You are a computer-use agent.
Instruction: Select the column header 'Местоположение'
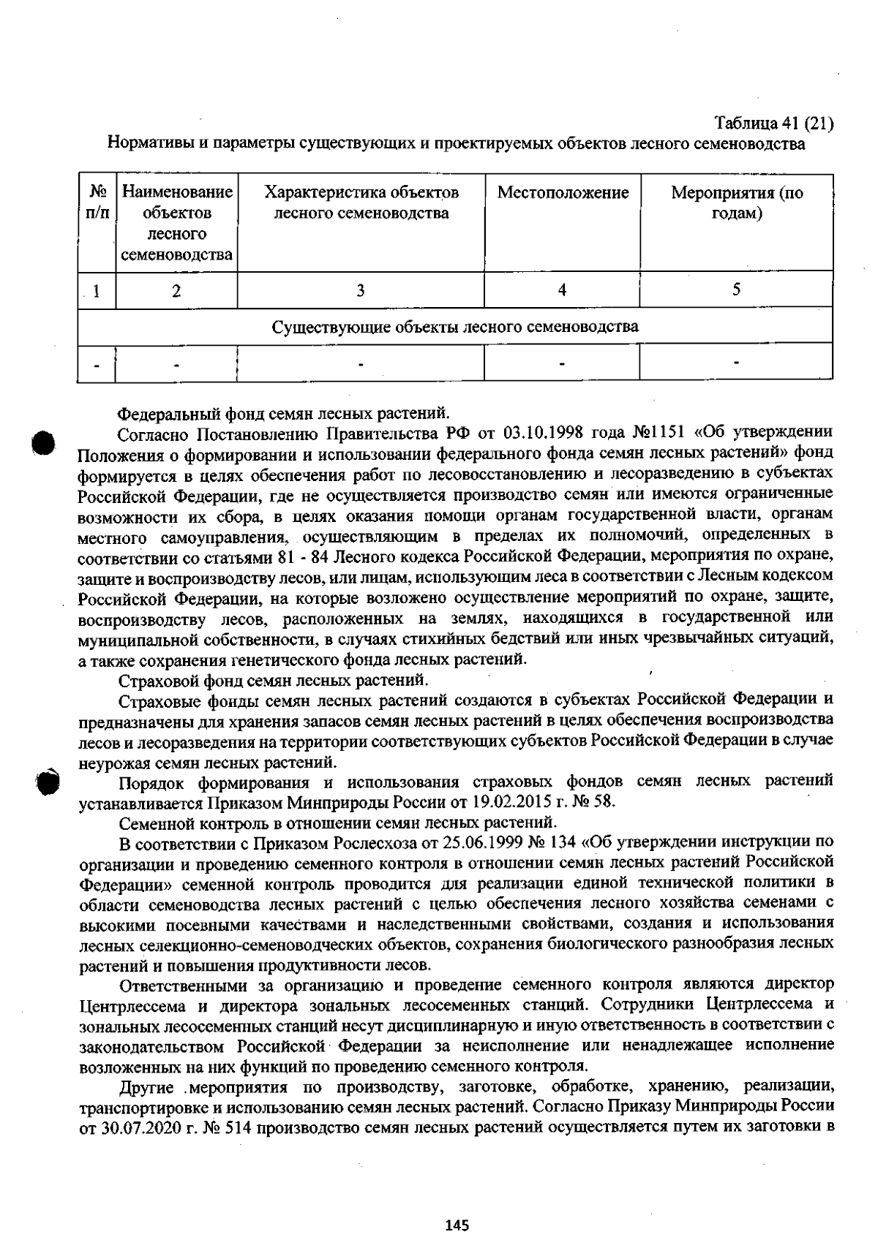pyautogui.click(x=563, y=193)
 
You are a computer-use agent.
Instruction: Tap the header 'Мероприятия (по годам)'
pyautogui.click(x=737, y=203)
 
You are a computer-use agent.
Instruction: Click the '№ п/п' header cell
pyautogui.click(x=97, y=203)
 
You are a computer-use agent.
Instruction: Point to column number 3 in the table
pyautogui.click(x=360, y=290)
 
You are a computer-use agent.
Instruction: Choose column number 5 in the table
pyautogui.click(x=736, y=290)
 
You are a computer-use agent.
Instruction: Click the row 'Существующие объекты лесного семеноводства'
pyautogui.click(x=454, y=326)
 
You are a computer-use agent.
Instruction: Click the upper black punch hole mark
pyautogui.click(x=44, y=443)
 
